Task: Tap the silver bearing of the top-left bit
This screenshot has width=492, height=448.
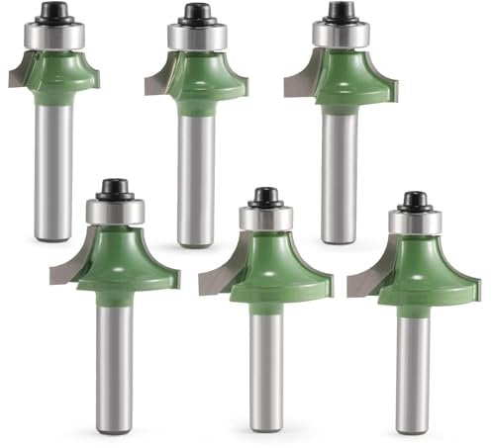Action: (53, 34)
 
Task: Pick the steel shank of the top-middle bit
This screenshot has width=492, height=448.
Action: (197, 178)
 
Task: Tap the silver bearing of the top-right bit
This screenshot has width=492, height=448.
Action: (341, 34)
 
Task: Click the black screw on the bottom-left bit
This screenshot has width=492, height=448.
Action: (115, 188)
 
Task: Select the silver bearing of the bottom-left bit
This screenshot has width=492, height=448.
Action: (115, 211)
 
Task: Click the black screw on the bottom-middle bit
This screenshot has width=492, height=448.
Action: (265, 196)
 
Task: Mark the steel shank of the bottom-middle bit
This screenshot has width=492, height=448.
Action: (265, 366)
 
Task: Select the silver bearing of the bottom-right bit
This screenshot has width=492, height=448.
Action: (414, 223)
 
